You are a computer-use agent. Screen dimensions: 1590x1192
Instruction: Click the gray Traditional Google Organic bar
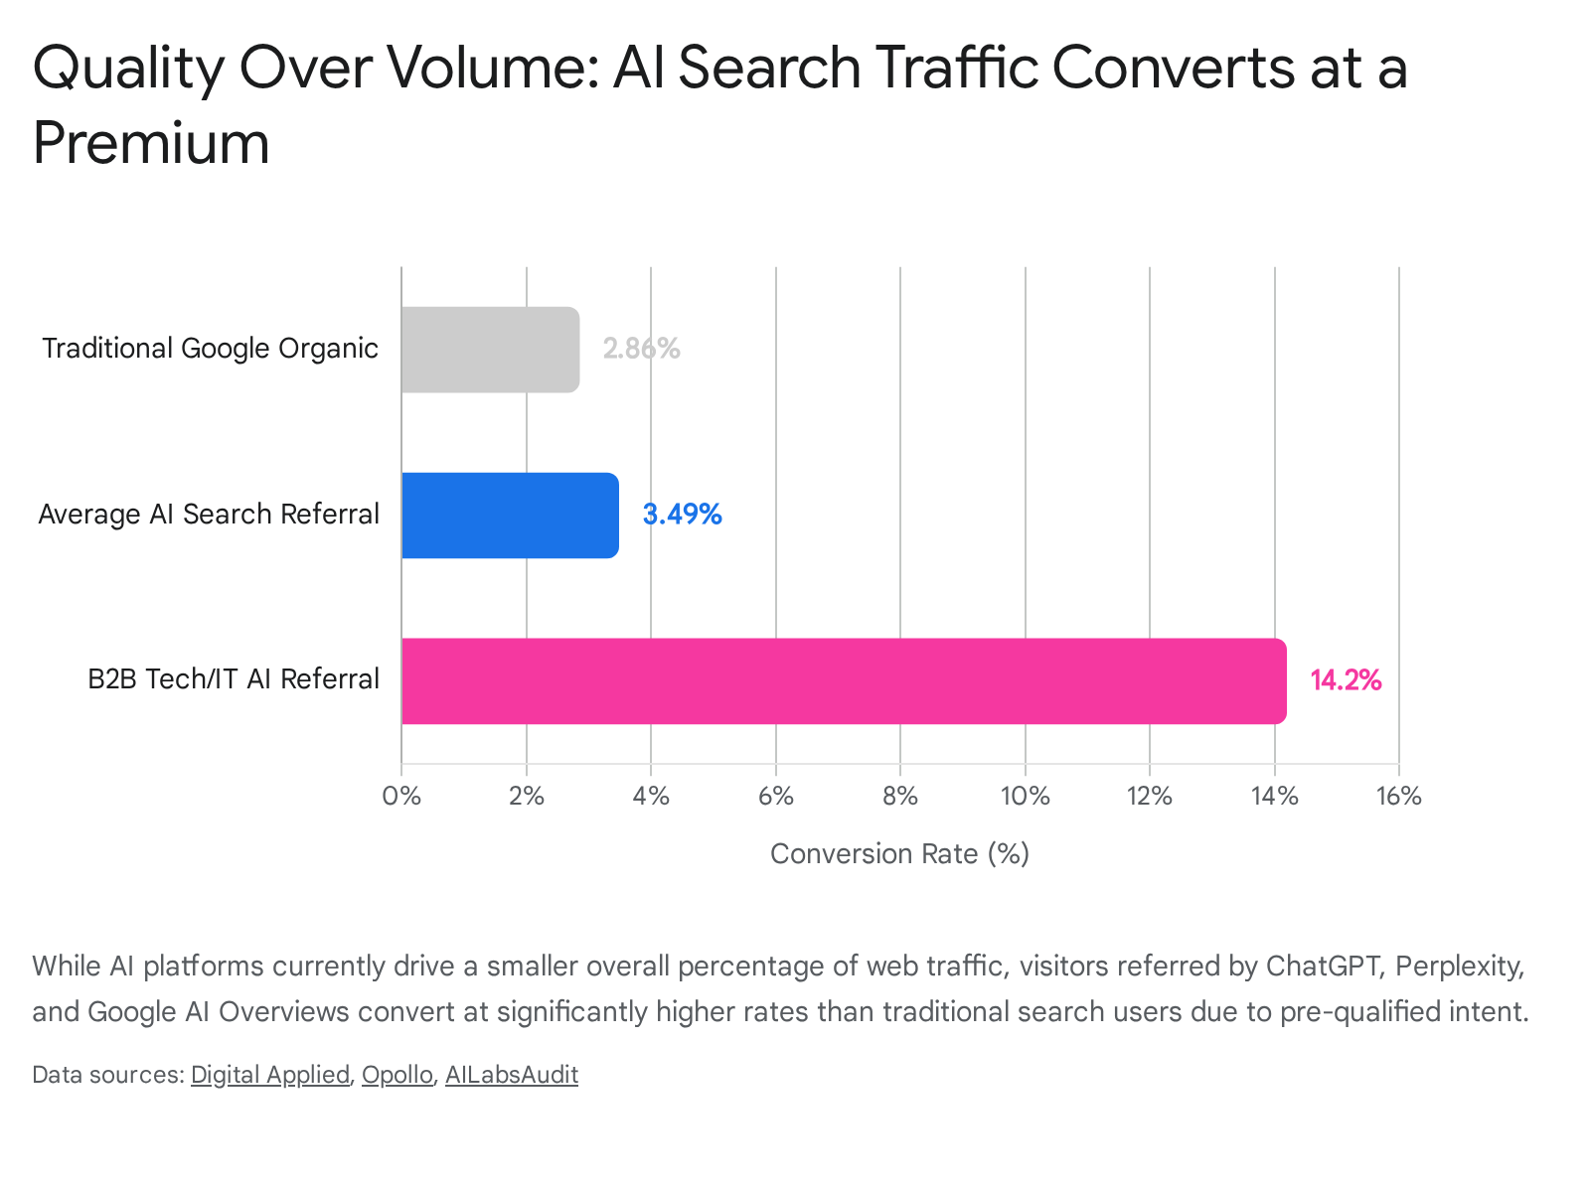[490, 350]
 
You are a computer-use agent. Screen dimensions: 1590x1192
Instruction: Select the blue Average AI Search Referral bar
[510, 516]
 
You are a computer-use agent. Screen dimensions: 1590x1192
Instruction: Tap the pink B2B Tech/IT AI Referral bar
[844, 681]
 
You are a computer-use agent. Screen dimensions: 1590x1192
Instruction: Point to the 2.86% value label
[642, 349]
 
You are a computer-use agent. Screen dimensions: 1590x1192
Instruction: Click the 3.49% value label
[683, 515]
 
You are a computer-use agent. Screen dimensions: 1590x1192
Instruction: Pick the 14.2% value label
[1346, 680]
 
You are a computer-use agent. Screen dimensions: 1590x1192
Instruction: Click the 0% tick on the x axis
[401, 797]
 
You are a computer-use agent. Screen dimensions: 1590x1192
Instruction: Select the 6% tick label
[776, 797]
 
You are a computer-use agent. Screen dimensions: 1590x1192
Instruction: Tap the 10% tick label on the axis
[1025, 797]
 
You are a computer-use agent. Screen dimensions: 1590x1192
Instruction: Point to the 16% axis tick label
[1399, 797]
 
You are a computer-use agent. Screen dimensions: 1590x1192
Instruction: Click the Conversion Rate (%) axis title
[899, 854]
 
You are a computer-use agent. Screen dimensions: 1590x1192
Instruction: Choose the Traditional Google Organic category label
[210, 349]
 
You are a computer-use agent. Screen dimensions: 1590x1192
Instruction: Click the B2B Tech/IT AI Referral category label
[234, 679]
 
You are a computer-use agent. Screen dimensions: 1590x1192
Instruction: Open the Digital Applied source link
[270, 1075]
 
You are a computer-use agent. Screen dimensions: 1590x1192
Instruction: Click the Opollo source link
[397, 1075]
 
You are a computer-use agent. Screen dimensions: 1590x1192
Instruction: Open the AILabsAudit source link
[512, 1075]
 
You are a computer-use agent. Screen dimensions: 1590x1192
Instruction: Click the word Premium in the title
[151, 143]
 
